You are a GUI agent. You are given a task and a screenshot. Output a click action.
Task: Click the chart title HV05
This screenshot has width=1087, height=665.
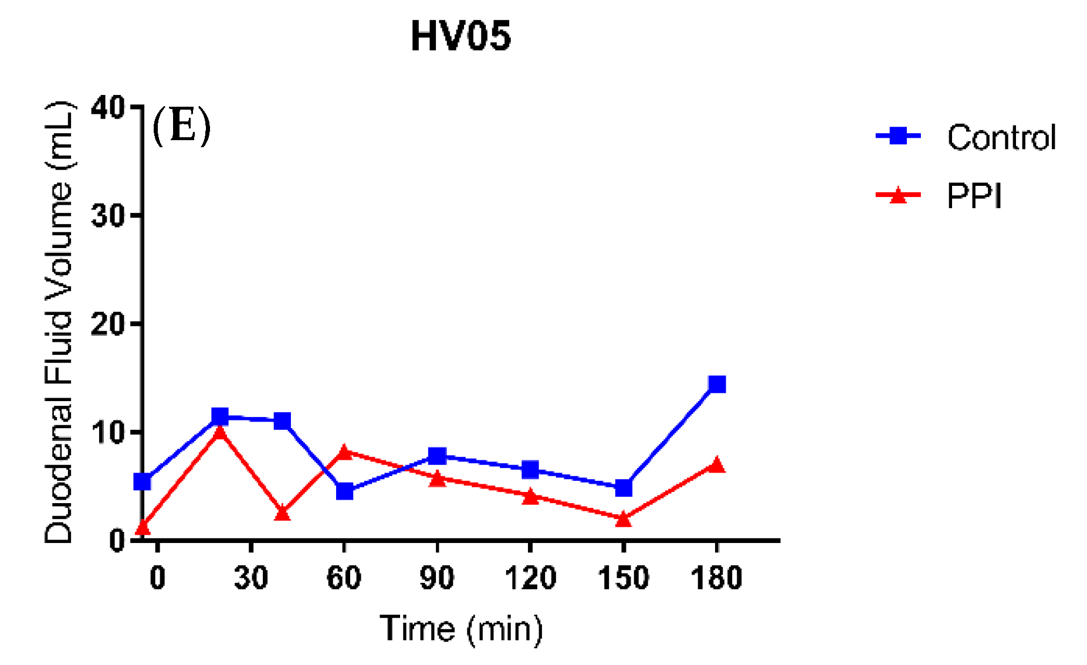[460, 36]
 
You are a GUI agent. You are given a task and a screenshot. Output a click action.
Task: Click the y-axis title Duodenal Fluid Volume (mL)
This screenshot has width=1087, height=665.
[59, 323]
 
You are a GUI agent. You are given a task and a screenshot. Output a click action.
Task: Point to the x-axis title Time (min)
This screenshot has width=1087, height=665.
[461, 629]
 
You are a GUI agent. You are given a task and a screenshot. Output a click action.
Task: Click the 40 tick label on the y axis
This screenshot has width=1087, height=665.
[109, 108]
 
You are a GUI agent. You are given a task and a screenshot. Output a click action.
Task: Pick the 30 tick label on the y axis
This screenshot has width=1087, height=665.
[109, 216]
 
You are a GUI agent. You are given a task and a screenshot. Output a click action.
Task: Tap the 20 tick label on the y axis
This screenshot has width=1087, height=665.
[109, 324]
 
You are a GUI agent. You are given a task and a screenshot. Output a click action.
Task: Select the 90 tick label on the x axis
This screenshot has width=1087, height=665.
[437, 578]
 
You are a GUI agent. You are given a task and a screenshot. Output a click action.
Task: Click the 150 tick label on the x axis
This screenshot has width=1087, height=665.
[623, 578]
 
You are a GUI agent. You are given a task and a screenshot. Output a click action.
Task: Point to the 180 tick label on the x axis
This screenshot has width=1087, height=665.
[716, 578]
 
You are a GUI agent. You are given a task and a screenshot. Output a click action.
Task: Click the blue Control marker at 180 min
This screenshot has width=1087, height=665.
[717, 385]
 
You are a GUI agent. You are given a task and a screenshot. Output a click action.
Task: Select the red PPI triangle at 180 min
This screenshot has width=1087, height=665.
[717, 465]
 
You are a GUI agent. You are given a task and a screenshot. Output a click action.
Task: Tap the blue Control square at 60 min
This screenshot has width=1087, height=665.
[344, 491]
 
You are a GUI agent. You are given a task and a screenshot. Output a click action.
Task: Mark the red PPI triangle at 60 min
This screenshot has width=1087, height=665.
[344, 452]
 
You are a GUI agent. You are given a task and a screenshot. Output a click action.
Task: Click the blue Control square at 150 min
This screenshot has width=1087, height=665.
[624, 488]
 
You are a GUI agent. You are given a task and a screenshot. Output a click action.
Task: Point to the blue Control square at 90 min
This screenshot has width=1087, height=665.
[437, 456]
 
